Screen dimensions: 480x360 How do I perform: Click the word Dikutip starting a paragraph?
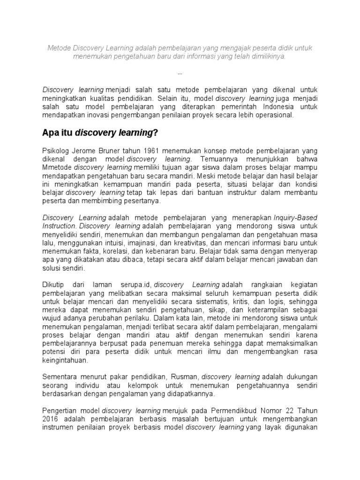(x=54, y=285)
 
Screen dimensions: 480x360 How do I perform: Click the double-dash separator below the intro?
(x=180, y=74)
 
